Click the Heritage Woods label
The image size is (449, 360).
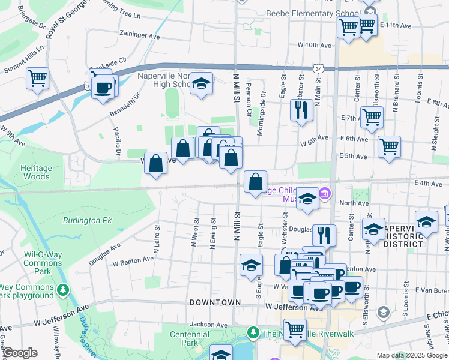pos(37,173)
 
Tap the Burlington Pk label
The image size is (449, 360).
pos(88,221)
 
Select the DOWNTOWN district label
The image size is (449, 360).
pos(215,302)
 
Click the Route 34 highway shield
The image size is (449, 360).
pos(316,70)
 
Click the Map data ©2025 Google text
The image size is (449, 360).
pos(411,355)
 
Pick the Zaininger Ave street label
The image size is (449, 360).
pos(140,36)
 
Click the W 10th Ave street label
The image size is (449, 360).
pos(315,46)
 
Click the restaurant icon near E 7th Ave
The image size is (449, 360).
pos(301,110)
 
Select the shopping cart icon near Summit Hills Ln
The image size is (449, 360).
pos(37,78)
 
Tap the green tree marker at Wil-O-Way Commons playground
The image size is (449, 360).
pos(62,290)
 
